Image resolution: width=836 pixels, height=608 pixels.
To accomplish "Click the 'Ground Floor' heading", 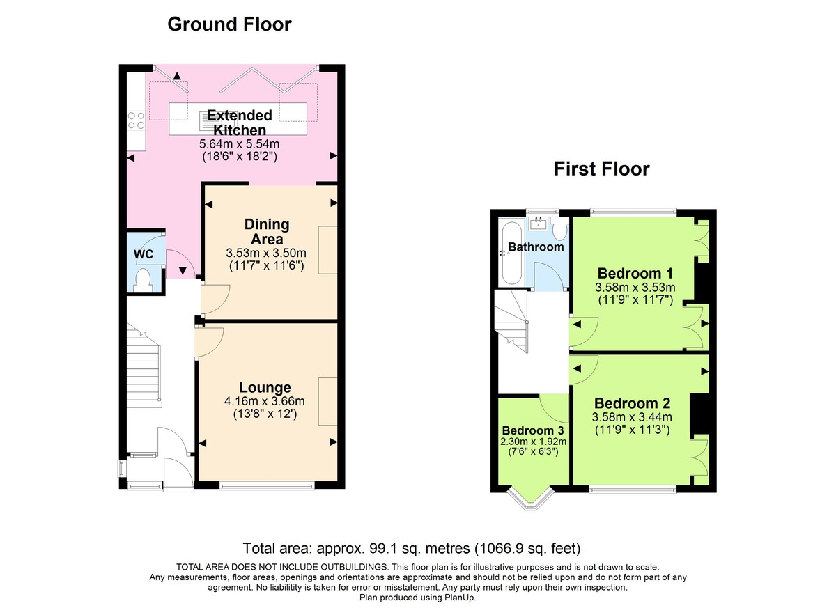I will tap(229, 24).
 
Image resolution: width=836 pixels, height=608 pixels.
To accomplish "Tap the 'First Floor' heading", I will tap(601, 169).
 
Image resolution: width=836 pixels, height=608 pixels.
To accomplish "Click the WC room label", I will tap(144, 254).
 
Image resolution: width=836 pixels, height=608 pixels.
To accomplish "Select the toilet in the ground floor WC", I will tap(144, 279).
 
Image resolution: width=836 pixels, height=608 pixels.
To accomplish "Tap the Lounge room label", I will tap(265, 387).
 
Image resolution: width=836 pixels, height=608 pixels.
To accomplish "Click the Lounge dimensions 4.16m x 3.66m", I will tap(265, 401).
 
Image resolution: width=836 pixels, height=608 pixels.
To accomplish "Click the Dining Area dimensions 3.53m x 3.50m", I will tap(267, 252).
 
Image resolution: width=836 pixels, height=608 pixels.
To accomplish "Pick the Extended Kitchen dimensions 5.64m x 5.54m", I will tap(239, 144).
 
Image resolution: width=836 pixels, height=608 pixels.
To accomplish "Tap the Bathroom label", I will tap(535, 247).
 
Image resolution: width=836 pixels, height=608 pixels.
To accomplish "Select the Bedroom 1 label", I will tap(635, 272).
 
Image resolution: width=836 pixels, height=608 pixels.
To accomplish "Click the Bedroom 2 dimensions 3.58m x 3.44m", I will tap(632, 417).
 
